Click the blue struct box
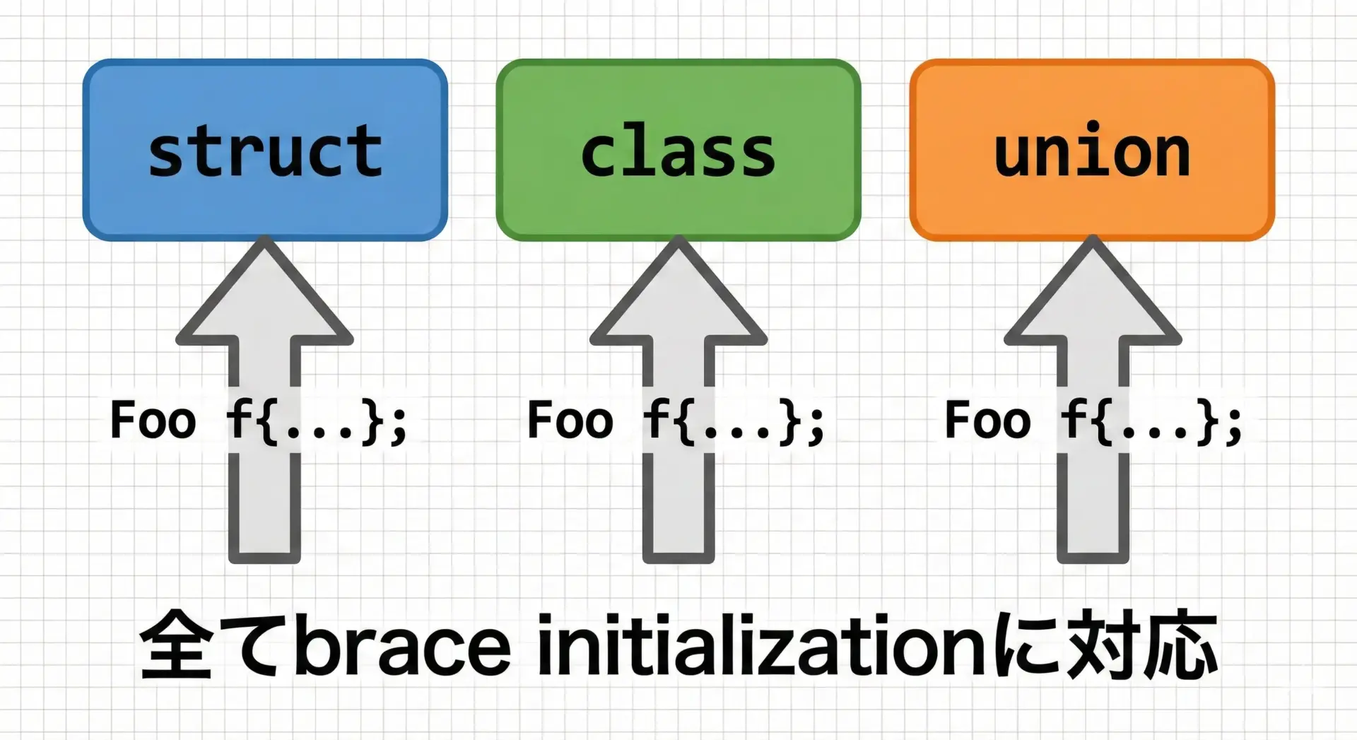265,150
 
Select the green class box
678,150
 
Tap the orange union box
1092,150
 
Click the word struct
265,151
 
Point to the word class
678,153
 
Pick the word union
1092,149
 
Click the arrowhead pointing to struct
265,290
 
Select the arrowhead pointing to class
678,290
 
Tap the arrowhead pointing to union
1093,290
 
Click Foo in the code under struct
153,420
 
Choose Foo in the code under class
570,420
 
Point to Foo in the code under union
988,420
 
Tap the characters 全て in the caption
216,645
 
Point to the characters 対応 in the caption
1144,645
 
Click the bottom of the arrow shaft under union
1093,558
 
